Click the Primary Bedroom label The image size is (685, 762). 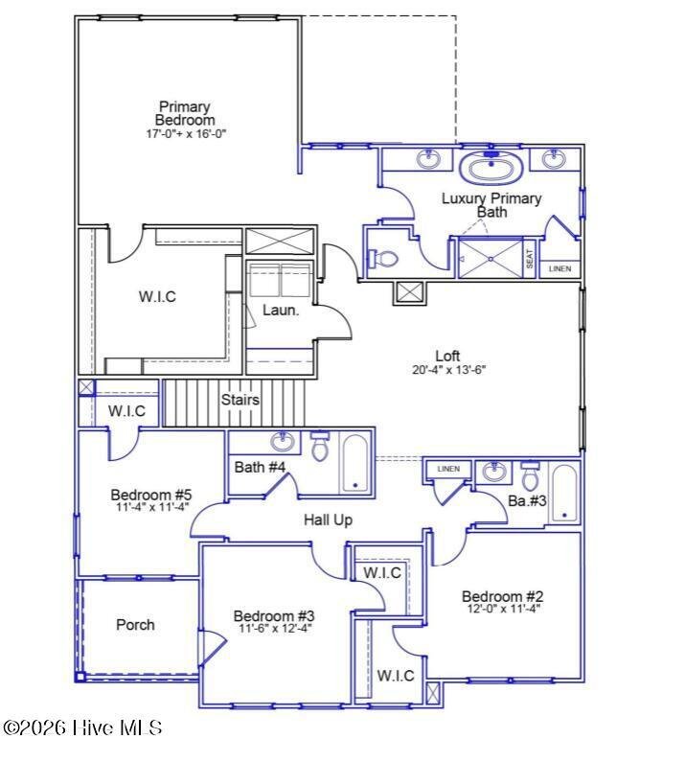tap(185, 113)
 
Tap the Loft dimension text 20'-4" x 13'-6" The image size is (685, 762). tap(449, 370)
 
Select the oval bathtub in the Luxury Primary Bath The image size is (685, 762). tap(491, 168)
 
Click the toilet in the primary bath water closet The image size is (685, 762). tap(383, 258)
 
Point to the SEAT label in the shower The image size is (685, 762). tap(530, 258)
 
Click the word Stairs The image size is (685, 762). tap(240, 400)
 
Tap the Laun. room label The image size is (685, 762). tap(281, 310)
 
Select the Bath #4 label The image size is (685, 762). tap(260, 467)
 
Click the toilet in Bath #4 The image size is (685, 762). tap(320, 446)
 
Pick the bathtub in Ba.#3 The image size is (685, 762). tap(564, 493)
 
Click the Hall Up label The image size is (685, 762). tap(328, 520)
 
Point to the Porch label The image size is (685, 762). tap(135, 625)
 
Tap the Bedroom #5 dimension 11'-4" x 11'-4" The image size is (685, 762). tap(152, 507)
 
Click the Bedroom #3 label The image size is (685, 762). tap(274, 615)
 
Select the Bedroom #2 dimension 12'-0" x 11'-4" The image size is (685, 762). tap(504, 609)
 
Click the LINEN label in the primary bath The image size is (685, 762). tap(559, 268)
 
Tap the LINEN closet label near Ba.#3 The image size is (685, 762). tap(448, 469)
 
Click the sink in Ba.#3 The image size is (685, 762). tap(494, 472)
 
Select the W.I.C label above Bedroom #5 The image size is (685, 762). tap(126, 410)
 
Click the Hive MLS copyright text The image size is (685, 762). tap(82, 727)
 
